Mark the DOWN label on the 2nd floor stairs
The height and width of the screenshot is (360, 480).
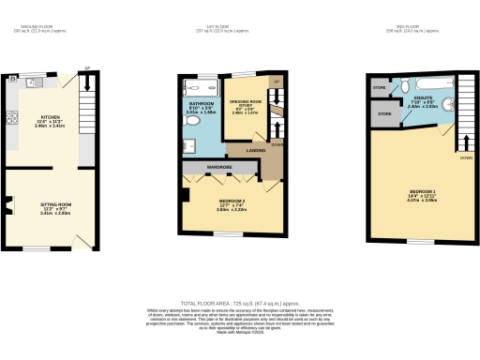coord(465,158)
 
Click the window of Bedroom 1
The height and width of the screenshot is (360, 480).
coord(417,242)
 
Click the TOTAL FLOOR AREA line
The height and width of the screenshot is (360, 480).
coord(240,302)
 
